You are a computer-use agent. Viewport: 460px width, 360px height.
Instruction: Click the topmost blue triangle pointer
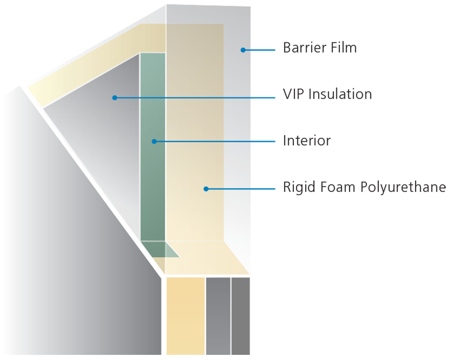268,50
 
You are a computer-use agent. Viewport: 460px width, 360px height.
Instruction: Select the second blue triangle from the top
268,97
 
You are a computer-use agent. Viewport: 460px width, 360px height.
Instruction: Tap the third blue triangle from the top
268,141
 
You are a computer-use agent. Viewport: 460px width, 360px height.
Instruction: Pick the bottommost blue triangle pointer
268,188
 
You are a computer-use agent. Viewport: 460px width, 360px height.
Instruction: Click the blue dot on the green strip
154,141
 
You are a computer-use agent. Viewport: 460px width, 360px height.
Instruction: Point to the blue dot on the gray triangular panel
115,98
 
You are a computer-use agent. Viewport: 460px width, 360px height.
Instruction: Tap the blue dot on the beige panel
206,189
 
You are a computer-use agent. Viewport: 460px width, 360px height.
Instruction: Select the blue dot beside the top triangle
243,50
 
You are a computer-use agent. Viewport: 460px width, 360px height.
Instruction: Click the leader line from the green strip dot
204,141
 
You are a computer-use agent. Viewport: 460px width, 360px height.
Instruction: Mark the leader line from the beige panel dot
230,189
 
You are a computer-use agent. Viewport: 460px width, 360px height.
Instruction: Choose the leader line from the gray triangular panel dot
184,98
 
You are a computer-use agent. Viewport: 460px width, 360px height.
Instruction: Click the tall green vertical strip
153,194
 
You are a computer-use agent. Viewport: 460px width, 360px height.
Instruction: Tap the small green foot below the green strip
164,249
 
